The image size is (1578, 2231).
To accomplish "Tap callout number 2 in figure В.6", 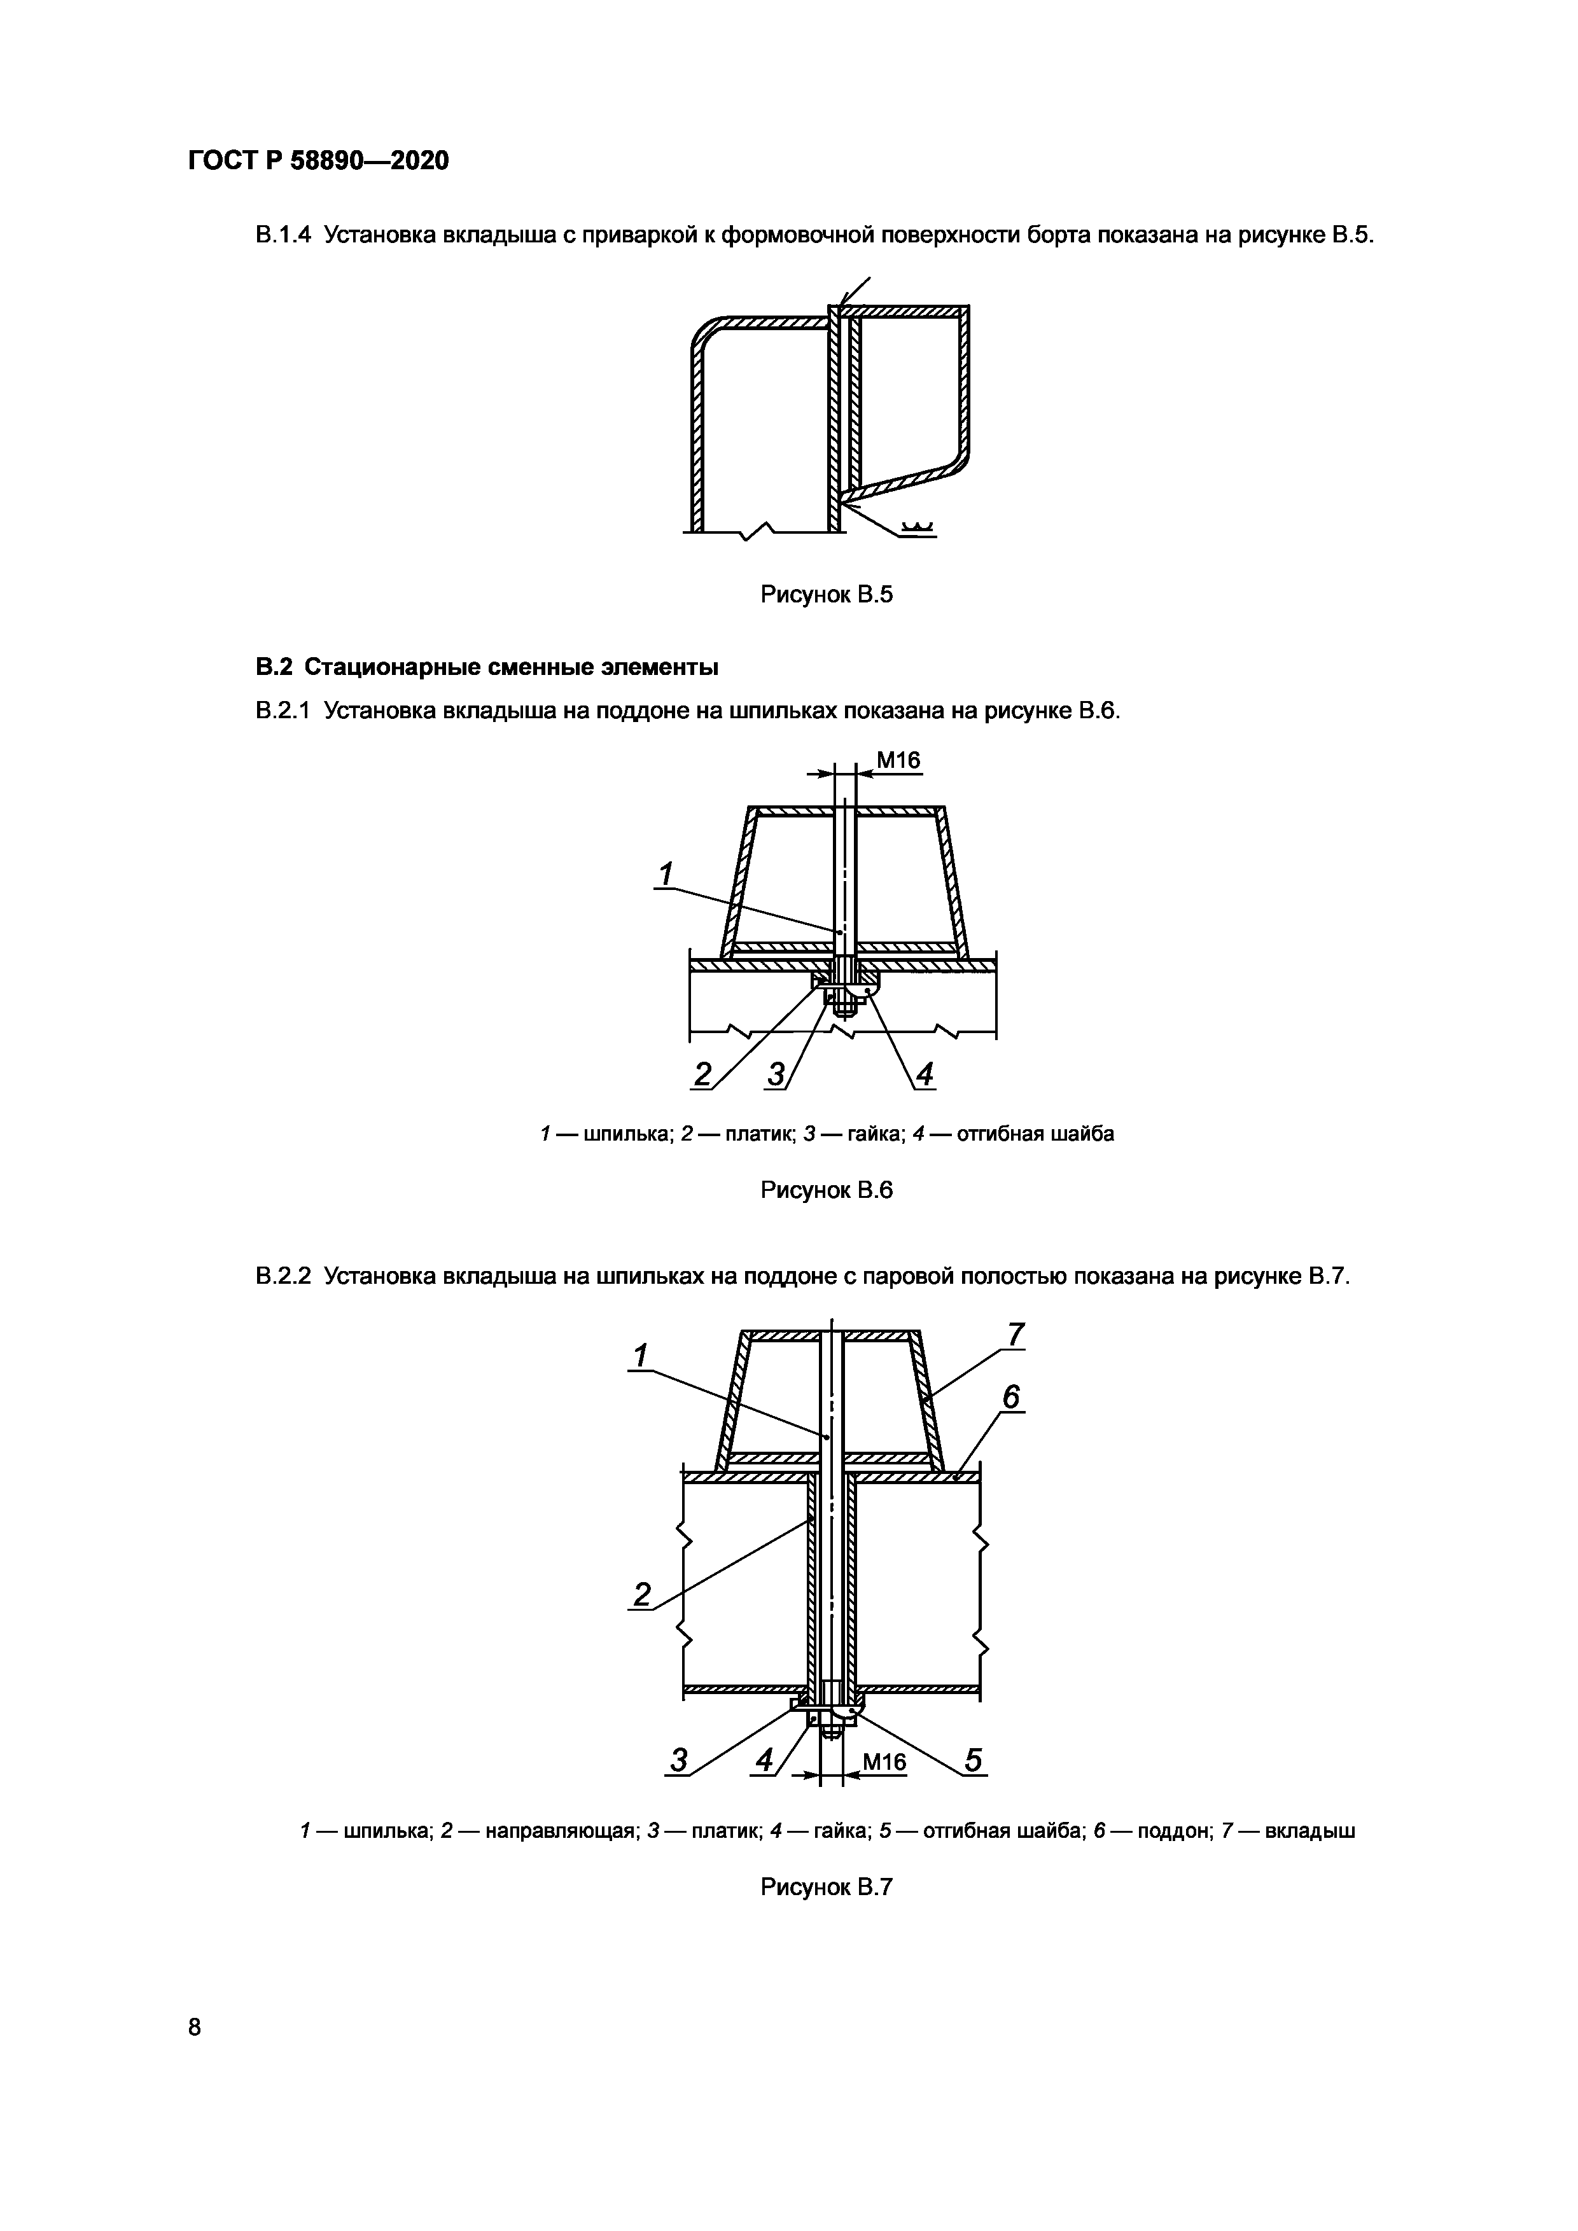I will (702, 1074).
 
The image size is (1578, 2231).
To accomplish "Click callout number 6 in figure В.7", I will (1012, 1397).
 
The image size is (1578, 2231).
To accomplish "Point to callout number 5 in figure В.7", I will (973, 1761).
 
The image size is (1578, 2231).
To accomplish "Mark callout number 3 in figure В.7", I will (678, 1761).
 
